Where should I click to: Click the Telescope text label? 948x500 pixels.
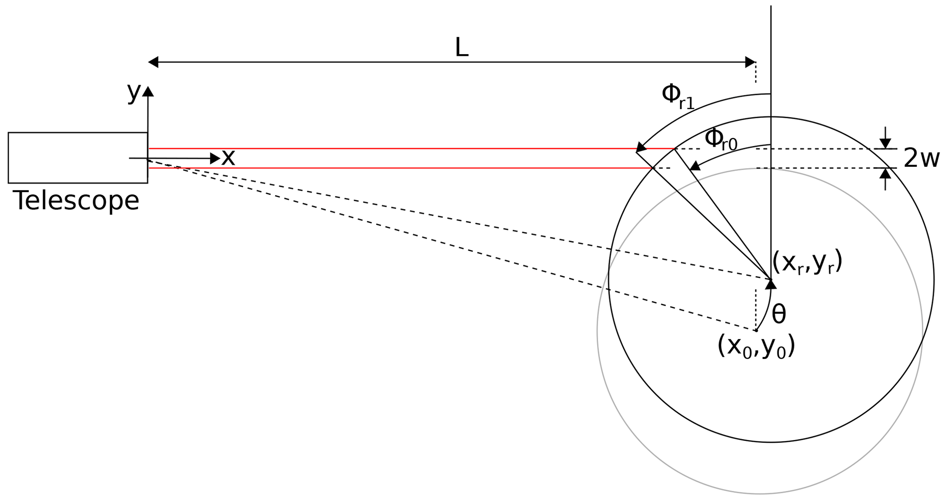tap(76, 201)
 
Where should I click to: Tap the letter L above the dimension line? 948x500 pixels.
tap(461, 47)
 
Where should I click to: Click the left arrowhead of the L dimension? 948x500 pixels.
tap(153, 62)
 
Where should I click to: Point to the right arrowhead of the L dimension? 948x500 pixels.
tap(751, 62)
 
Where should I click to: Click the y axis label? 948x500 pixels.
tap(133, 93)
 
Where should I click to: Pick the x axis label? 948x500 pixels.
tap(228, 158)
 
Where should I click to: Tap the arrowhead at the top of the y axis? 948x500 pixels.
tap(148, 91)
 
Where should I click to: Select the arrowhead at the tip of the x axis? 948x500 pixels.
tap(215, 159)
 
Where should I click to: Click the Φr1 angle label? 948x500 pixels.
tap(678, 97)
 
